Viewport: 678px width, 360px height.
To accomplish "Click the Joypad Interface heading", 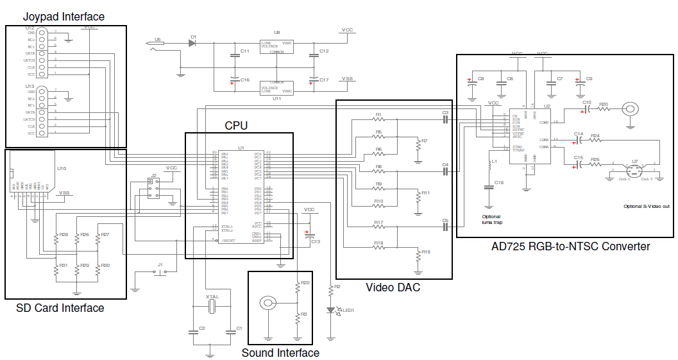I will pos(64,16).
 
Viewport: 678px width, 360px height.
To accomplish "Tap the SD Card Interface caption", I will pos(60,308).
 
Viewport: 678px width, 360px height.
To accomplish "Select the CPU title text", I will pos(236,125).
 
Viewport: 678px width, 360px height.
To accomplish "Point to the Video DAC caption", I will pos(393,287).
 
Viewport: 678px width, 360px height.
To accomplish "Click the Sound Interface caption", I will pos(280,353).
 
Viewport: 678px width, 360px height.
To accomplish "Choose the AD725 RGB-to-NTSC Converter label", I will pos(570,246).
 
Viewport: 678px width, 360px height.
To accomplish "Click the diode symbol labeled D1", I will pos(192,44).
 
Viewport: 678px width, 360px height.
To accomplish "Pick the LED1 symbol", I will pos(332,310).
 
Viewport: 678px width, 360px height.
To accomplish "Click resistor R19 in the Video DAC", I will pos(418,257).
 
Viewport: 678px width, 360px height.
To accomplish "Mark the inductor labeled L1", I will pos(489,166).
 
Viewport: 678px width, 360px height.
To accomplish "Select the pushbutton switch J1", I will pos(160,271).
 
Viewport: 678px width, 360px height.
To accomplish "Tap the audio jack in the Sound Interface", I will pos(268,304).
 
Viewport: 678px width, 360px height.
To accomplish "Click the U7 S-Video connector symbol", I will pos(634,171).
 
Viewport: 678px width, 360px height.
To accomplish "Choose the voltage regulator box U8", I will pos(276,47).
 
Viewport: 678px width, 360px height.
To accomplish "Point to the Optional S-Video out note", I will pos(647,207).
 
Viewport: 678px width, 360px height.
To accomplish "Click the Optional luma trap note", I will pos(491,219).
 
